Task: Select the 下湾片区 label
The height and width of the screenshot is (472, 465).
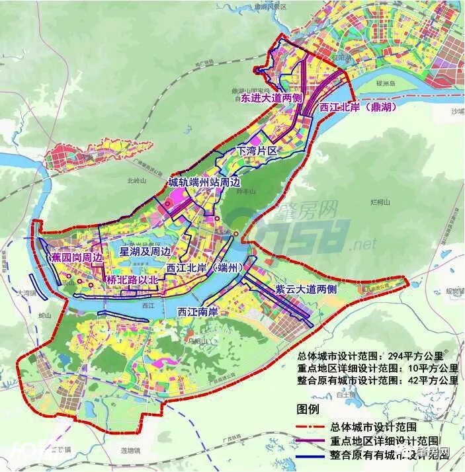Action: point(256,151)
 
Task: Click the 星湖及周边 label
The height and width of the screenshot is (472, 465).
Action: point(145,251)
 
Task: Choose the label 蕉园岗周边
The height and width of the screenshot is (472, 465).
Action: point(77,257)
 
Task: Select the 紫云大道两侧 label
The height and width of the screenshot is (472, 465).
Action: point(306,289)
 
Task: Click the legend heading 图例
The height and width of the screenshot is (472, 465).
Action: point(307,410)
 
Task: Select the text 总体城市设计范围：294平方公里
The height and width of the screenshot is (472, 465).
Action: point(376,355)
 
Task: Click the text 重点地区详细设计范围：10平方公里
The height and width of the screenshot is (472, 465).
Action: point(378,368)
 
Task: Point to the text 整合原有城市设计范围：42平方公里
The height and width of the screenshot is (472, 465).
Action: point(378,380)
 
